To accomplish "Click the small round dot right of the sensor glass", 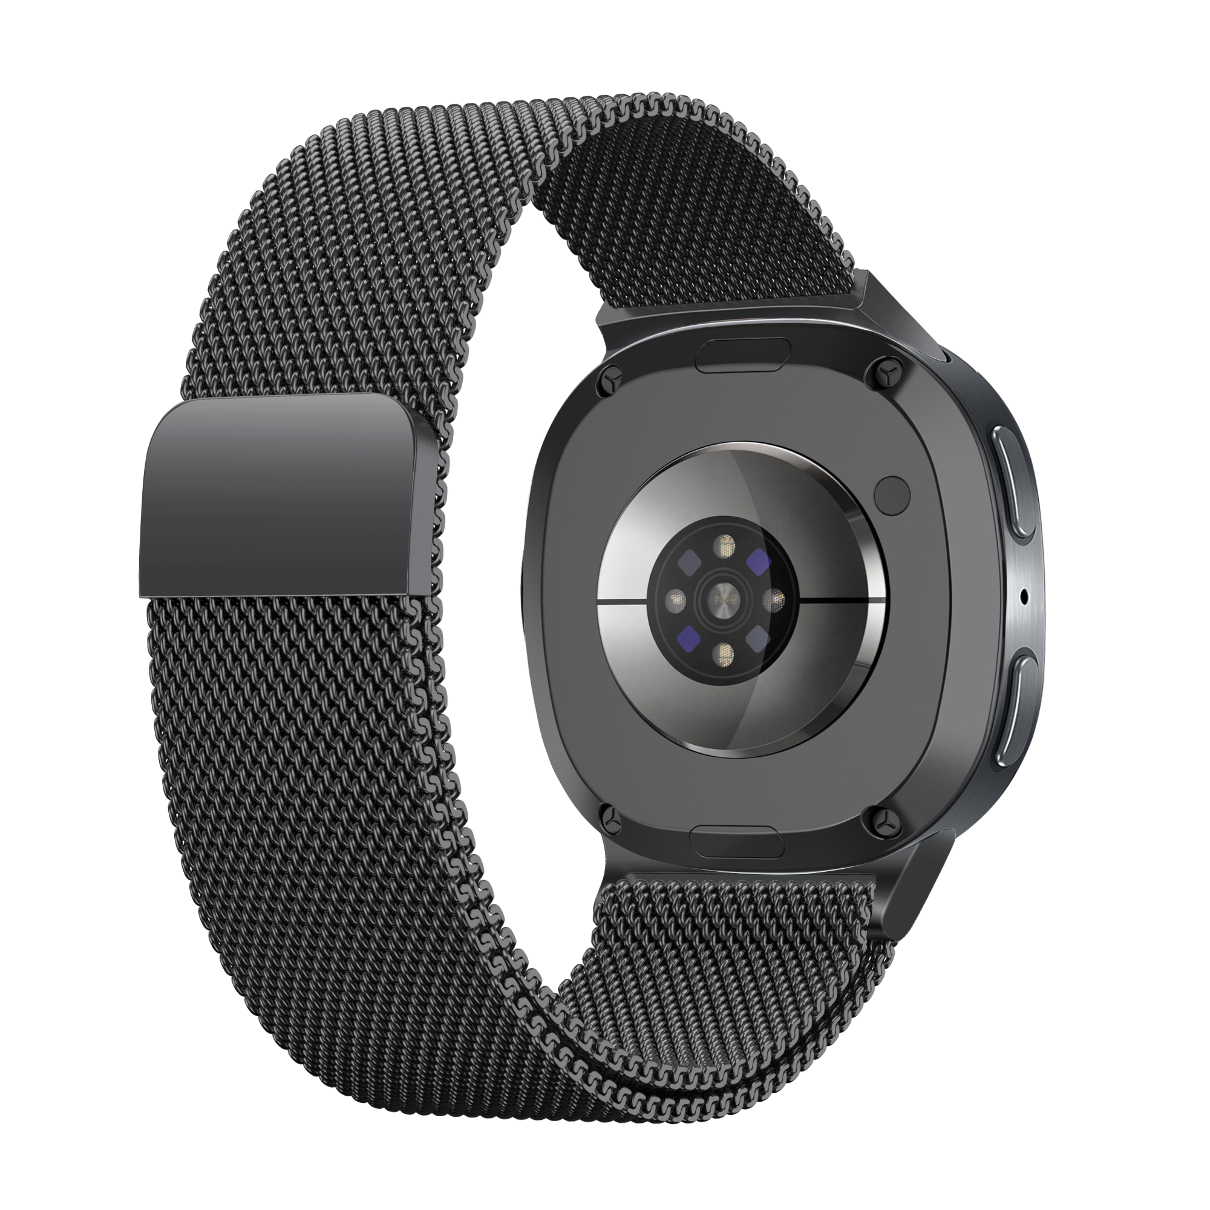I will (893, 492).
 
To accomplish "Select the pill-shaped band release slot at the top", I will (743, 356).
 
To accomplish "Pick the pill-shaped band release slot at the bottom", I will (736, 841).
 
